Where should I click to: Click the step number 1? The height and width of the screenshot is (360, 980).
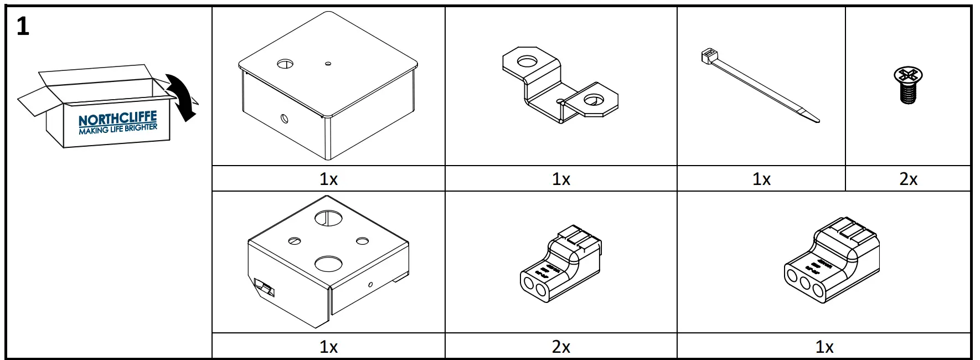click(x=23, y=26)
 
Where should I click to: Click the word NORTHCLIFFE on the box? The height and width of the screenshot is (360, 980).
click(x=117, y=119)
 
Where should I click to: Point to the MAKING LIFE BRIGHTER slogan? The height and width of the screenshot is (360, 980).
click(x=118, y=129)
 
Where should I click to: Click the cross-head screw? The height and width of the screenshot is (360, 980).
click(x=908, y=85)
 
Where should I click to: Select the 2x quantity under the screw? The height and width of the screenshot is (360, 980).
click(x=908, y=179)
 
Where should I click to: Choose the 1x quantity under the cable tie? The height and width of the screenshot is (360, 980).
click(x=761, y=179)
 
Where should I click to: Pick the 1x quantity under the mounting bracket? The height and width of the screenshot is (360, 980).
click(x=561, y=179)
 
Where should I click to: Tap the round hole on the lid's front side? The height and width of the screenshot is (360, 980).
click(x=285, y=118)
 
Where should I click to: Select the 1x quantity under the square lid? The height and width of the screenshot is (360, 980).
click(x=328, y=179)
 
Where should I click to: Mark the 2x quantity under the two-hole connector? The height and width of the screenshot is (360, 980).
click(x=561, y=347)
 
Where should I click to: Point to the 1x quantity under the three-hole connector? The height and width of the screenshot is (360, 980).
click(x=824, y=347)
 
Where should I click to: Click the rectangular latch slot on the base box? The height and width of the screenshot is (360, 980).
click(x=265, y=289)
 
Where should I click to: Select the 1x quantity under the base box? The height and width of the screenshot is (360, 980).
click(x=328, y=347)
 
